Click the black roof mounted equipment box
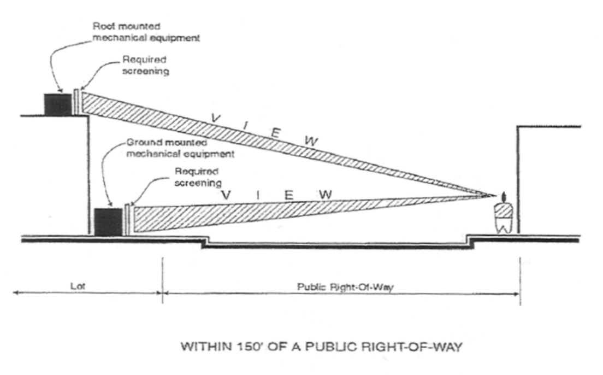pyautogui.click(x=57, y=104)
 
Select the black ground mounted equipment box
pyautogui.click(x=108, y=221)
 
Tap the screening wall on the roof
pyautogui.click(x=76, y=102)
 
